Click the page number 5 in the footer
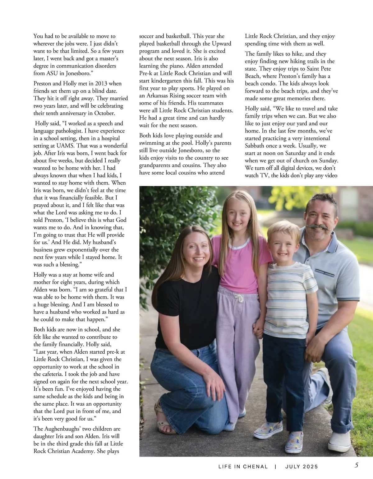pyautogui.click(x=356, y=466)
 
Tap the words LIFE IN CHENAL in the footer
pyautogui.click(x=243, y=467)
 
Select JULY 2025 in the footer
pyautogui.click(x=302, y=467)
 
